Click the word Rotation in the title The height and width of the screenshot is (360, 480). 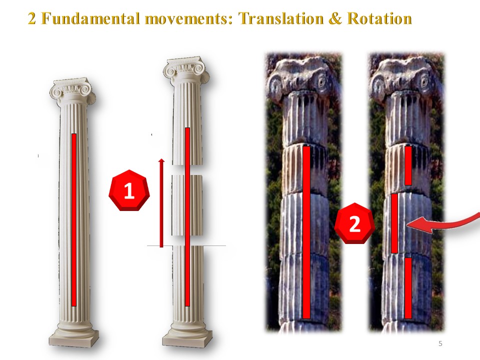379,18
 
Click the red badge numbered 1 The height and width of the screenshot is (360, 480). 129,190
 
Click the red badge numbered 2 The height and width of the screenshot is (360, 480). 354,223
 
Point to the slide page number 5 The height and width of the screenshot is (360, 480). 440,343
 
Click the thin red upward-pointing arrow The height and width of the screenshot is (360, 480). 161,202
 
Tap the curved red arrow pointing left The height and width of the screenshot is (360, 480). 443,223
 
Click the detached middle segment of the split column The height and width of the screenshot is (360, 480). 187,205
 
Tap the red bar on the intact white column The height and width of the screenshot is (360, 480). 74,220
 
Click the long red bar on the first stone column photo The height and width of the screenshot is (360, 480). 306,232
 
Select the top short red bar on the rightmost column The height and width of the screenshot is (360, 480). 408,165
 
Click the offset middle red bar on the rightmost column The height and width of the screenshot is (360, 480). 394,223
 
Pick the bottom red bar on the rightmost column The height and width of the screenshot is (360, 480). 408,288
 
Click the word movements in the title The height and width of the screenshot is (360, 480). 189,18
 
